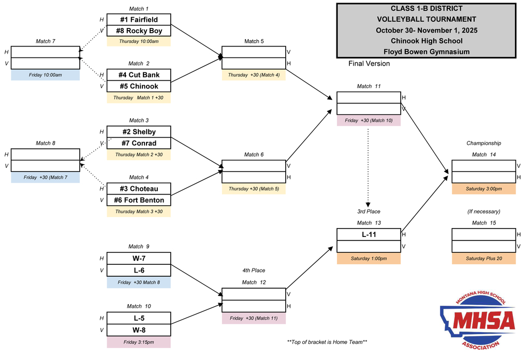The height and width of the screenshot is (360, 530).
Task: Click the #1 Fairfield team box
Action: point(139,20)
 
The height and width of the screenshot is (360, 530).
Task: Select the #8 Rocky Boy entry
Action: point(139,31)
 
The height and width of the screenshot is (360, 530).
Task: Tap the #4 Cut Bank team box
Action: point(139,75)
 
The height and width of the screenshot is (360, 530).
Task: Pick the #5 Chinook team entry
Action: point(139,86)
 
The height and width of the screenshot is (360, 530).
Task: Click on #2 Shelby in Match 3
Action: point(139,132)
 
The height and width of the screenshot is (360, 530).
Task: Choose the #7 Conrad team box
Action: point(139,143)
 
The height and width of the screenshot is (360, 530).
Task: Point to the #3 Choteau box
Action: point(139,189)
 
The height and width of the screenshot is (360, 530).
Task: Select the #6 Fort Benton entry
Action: point(139,200)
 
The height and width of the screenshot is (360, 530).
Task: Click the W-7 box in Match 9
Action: point(139,258)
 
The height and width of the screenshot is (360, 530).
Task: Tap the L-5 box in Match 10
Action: point(139,318)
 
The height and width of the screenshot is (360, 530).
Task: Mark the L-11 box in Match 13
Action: point(369,235)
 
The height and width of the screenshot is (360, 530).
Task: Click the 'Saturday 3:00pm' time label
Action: point(483,189)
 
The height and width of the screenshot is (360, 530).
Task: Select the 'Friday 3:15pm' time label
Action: point(139,342)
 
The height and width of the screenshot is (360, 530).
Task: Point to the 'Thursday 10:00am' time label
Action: point(139,41)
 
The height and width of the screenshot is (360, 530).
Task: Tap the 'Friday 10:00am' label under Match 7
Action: point(46,75)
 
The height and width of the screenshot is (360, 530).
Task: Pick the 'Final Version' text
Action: point(369,64)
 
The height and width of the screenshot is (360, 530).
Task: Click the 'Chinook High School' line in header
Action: point(426,41)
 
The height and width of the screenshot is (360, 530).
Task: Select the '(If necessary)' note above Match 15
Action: point(483,212)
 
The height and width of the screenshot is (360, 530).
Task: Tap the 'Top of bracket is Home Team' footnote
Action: point(327,342)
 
